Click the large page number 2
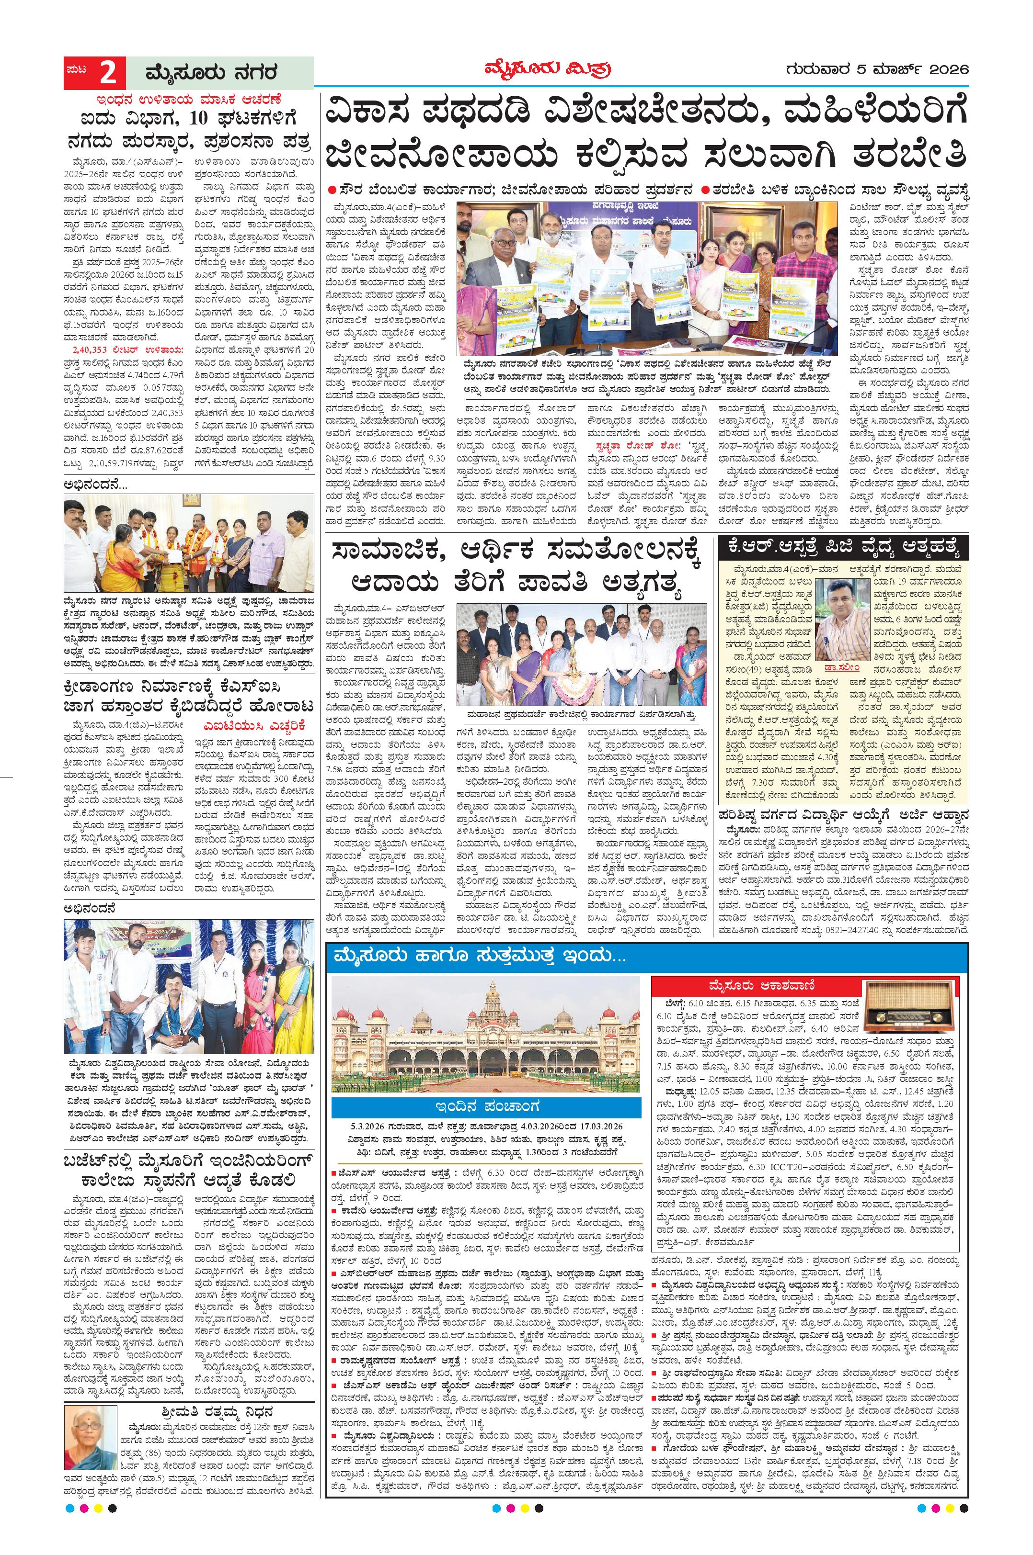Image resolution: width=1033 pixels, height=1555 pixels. (x=109, y=72)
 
